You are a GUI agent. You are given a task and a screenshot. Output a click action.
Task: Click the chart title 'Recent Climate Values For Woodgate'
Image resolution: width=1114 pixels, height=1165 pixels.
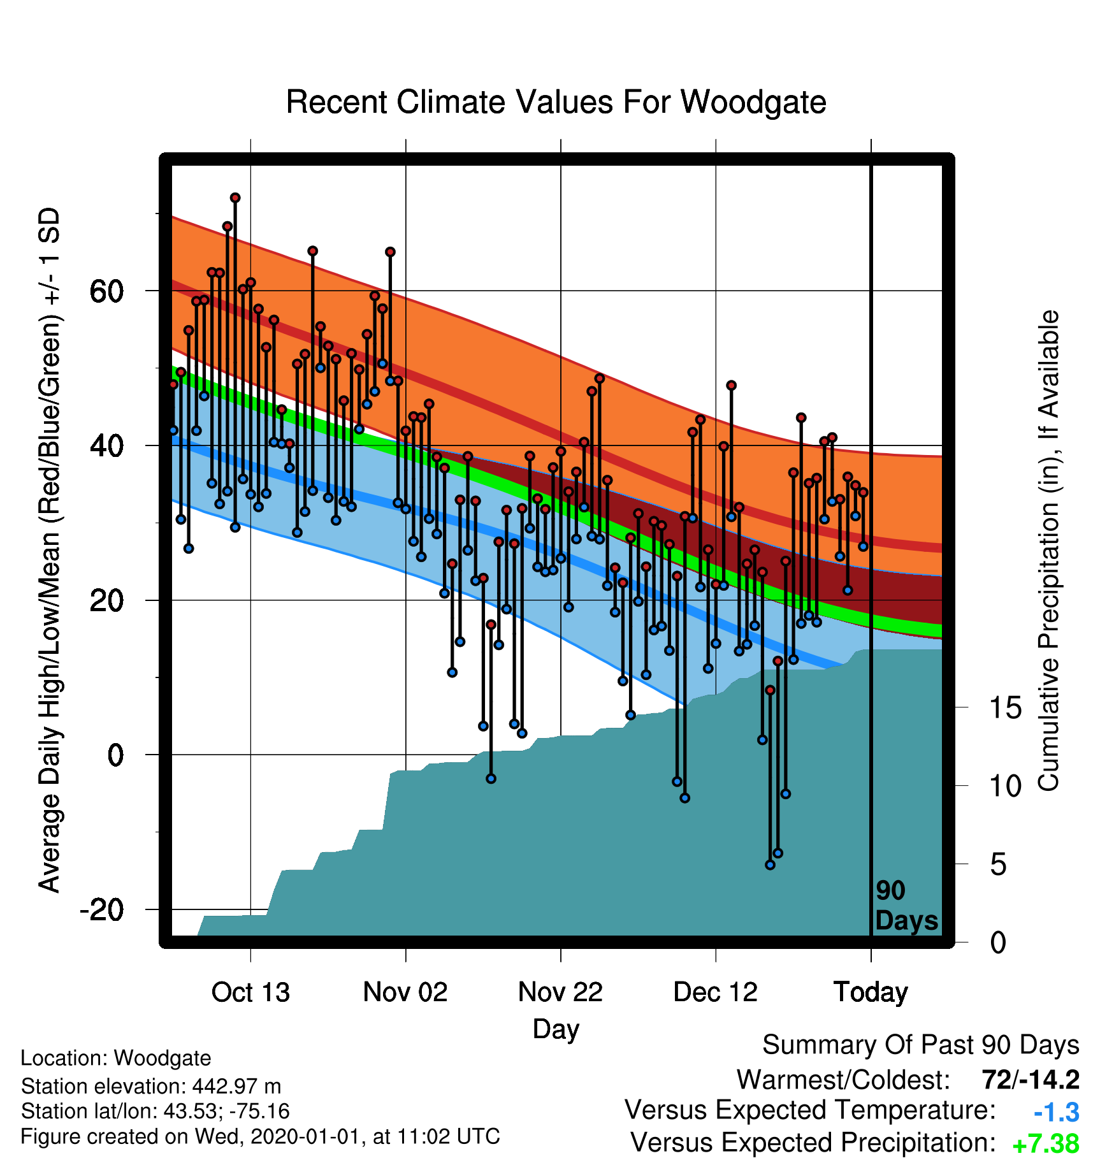tap(556, 102)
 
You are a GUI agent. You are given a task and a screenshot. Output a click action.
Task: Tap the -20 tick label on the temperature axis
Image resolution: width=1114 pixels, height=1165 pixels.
tap(102, 909)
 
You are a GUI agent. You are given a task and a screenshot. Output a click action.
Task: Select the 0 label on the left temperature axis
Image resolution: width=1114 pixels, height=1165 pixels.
tap(115, 755)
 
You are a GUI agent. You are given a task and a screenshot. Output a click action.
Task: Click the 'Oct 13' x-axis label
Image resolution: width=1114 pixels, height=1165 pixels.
tap(250, 992)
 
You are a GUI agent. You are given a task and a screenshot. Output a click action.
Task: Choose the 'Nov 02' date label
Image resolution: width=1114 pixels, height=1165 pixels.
tap(405, 992)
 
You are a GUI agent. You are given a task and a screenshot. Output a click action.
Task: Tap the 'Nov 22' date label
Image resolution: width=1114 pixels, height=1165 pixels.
tap(560, 992)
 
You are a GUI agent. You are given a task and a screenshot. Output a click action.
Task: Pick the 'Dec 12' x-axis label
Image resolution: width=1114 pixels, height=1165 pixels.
tap(716, 992)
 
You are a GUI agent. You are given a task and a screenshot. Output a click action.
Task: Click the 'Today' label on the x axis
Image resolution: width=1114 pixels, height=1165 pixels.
tap(871, 992)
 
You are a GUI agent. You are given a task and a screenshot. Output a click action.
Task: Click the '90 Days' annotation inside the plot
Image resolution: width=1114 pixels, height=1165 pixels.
tap(906, 906)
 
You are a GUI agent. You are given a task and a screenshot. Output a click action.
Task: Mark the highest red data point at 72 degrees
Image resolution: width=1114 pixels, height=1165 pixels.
tap(235, 198)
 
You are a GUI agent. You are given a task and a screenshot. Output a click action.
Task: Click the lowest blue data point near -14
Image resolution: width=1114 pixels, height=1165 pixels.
tap(770, 865)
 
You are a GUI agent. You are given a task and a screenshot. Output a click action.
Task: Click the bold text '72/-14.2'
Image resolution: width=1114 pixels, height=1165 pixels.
tap(1031, 1080)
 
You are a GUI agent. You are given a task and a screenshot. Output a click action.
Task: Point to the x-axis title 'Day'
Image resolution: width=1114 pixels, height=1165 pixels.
tap(556, 1029)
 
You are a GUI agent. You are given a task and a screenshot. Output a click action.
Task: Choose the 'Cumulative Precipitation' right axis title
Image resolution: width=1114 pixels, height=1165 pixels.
tap(1048, 551)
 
